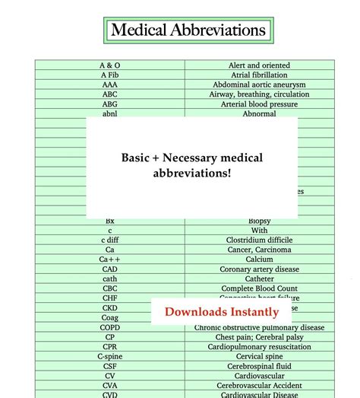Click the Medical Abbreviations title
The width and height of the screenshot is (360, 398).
[188, 30]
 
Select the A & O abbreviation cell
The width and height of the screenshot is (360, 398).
[110, 65]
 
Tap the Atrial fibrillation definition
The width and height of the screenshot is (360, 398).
[259, 75]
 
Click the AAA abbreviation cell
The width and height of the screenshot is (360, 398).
[110, 85]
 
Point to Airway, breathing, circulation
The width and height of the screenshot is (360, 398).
[259, 94]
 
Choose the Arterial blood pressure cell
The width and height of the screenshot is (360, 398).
[259, 104]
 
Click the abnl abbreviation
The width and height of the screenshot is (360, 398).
[110, 114]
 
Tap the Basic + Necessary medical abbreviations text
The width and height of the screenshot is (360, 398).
[192, 165]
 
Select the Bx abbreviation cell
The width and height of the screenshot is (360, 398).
[110, 221]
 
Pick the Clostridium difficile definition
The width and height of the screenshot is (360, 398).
[259, 240]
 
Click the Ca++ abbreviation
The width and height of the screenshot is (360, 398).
[110, 259]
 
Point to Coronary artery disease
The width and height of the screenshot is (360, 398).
[259, 269]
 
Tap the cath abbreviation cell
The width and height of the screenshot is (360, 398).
[110, 279]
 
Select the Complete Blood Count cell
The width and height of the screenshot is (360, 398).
[259, 288]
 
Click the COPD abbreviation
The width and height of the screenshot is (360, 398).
[110, 327]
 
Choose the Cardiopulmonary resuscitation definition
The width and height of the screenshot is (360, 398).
[259, 346]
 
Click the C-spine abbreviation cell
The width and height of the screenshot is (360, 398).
[110, 356]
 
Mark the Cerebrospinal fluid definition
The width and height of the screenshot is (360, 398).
[259, 365]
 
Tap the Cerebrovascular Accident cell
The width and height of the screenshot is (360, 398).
[259, 385]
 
